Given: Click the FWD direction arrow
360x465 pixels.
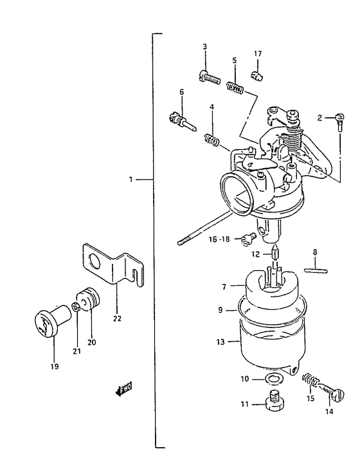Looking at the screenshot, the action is (123, 388).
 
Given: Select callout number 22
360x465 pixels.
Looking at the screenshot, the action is (117, 318).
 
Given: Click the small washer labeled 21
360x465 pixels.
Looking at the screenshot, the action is (76, 307).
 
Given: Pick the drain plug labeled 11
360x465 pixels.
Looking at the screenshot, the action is (275, 400).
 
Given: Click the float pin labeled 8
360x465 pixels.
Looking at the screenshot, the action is (316, 270).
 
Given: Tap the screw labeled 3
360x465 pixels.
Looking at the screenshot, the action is (210, 77).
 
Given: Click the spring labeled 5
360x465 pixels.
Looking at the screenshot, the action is (235, 88).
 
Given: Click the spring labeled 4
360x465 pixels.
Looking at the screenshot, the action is (212, 140).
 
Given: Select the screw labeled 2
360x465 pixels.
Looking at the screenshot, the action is (340, 121).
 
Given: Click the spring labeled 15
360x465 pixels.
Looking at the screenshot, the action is (310, 381).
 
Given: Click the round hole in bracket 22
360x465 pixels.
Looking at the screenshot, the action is (95, 261).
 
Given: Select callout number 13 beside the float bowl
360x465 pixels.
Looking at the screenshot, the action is (221, 342).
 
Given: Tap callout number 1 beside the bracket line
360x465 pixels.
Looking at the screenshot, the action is (130, 179).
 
